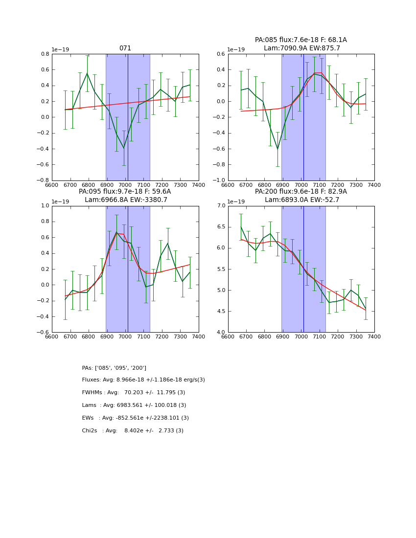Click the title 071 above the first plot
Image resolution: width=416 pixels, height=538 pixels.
(x=125, y=48)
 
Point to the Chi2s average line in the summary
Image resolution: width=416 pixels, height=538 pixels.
(x=133, y=430)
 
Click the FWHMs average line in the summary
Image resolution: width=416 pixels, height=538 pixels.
(x=134, y=392)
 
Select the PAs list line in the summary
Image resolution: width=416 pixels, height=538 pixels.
(x=114, y=368)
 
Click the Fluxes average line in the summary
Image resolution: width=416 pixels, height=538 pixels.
(x=143, y=380)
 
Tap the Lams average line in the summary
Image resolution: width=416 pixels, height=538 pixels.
(x=134, y=405)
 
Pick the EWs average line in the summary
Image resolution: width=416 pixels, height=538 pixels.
(x=136, y=418)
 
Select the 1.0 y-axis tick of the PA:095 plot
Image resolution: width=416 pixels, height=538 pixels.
(x=45, y=206)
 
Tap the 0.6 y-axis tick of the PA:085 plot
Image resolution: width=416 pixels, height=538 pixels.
(x=221, y=54)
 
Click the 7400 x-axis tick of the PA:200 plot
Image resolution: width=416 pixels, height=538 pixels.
(x=374, y=336)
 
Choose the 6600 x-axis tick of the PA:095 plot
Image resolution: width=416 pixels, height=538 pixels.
(x=52, y=336)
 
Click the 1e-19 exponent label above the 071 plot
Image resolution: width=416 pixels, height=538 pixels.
(x=61, y=50)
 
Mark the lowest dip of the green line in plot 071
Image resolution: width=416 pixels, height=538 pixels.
(x=124, y=148)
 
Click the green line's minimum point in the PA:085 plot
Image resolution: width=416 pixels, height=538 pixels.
(x=277, y=149)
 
